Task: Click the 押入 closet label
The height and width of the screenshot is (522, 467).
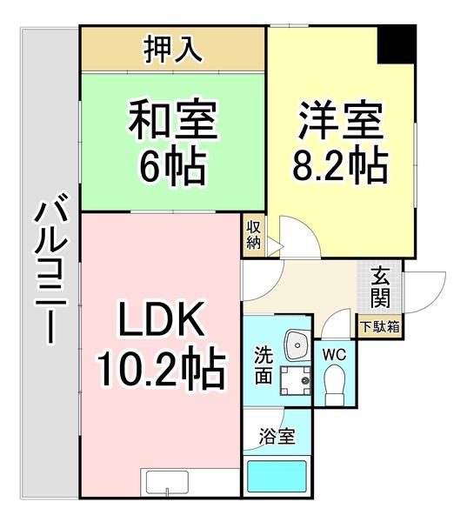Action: pos(172,50)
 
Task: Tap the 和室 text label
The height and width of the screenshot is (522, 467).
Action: pos(172,118)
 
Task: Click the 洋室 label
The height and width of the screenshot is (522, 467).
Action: pos(340,118)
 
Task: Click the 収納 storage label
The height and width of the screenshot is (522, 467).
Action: pos(253,234)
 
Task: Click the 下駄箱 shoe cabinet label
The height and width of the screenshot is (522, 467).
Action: pos(380,328)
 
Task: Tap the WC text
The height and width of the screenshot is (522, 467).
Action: pos(335,354)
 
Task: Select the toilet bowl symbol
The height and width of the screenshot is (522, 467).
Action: pos(335,381)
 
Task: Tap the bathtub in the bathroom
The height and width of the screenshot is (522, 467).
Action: pos(277,478)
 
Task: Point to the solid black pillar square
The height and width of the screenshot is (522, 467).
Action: pos(397,43)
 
